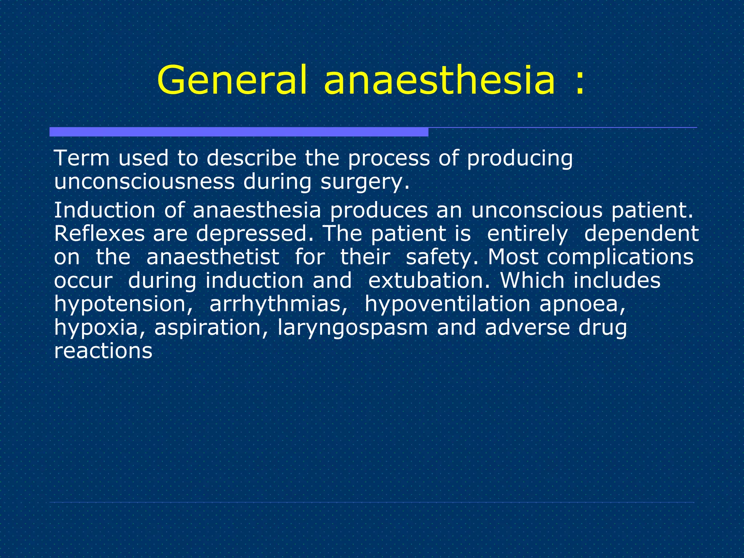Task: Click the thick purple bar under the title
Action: (x=239, y=132)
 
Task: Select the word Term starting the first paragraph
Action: (x=82, y=158)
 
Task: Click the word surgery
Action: (x=364, y=183)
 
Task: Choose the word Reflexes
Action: (x=99, y=234)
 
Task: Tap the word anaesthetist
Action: (x=213, y=257)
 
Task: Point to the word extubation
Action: (x=429, y=281)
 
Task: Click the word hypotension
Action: (x=123, y=304)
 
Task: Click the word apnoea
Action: (x=582, y=304)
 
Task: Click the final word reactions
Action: (x=103, y=351)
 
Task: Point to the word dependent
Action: (x=641, y=234)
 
